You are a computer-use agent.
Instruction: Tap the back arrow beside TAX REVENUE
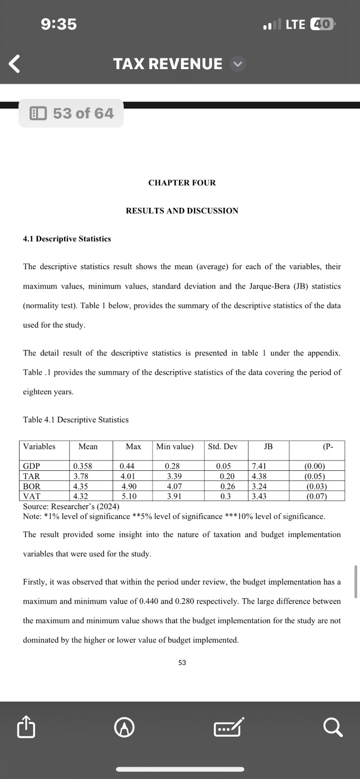pos(15,64)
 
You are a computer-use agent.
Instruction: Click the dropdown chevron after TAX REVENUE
pos(237,64)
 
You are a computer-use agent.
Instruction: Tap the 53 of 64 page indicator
pos(71,113)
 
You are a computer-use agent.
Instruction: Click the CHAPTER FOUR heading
pos(182,183)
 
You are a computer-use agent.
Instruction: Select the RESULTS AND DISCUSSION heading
pos(182,211)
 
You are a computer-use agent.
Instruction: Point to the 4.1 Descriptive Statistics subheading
pos(67,239)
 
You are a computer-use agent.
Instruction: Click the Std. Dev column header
pos(223,446)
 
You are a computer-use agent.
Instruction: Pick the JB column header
pos(268,446)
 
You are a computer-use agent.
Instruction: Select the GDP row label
pos(32,466)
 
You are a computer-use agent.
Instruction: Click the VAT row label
pos(32,496)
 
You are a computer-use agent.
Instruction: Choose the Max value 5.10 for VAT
pos(129,496)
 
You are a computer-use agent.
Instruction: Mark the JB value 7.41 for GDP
pos(259,466)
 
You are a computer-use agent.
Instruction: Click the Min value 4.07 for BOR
pos(174,486)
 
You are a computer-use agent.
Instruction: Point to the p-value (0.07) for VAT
pos(316,496)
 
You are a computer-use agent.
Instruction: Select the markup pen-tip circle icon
pos(124,728)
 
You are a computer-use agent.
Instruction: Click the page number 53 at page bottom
pos(182,663)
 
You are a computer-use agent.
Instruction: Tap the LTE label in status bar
pos(295,24)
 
